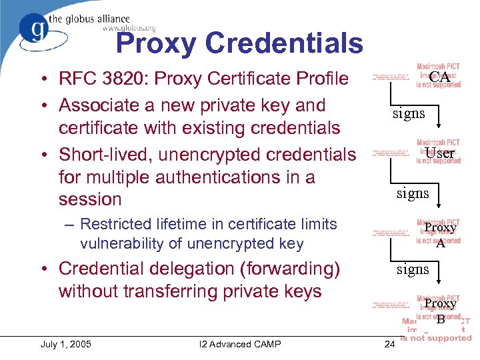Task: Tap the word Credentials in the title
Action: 285,44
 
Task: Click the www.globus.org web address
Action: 129,28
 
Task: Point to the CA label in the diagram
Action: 439,77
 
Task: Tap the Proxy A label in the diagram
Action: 440,235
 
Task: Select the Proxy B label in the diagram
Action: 440,311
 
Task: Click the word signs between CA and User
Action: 409,113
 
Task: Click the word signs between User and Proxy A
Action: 413,193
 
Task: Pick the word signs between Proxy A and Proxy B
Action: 413,269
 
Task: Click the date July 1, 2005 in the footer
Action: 66,344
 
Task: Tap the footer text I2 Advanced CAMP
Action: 240,344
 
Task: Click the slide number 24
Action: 390,344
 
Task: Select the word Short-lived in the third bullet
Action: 100,155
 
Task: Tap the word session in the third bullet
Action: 90,199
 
